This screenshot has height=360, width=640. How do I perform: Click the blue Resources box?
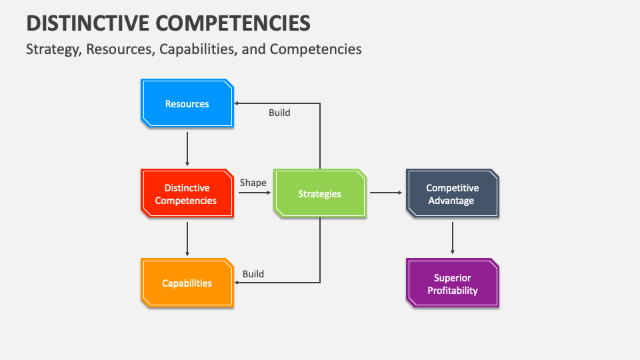187,103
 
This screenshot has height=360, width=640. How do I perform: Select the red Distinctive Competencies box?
187,193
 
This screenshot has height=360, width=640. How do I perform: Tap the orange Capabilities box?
187,283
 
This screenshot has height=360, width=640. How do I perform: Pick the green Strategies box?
319,193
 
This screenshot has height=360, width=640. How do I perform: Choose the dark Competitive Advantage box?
452,193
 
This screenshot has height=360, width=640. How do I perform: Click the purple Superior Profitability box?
452,283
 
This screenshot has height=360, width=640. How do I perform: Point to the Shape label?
253,183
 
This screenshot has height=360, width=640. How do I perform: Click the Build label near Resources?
279,113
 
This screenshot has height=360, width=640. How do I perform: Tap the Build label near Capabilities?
253,274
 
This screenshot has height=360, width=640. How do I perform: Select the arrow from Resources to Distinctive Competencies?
187,149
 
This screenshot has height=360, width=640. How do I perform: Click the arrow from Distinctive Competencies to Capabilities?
187,239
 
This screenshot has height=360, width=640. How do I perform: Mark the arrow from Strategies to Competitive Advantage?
386,193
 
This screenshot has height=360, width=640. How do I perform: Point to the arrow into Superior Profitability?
453,238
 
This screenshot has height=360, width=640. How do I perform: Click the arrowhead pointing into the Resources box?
237,103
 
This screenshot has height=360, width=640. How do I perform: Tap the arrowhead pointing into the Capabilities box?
237,283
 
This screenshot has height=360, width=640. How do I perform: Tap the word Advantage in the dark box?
451,201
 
